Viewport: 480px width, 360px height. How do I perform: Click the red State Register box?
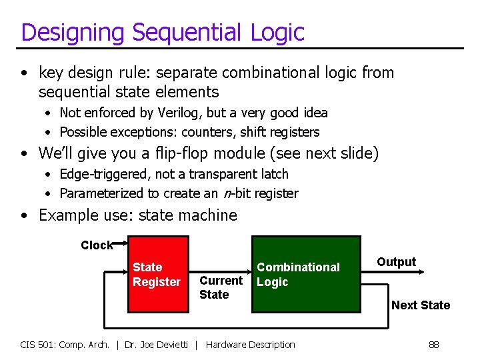click(157, 274)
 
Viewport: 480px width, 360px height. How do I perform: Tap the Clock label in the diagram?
click(97, 245)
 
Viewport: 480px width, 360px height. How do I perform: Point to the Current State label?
click(220, 287)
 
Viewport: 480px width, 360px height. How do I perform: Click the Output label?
click(396, 262)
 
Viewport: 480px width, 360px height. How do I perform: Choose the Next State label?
click(420, 305)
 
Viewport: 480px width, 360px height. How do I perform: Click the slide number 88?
click(433, 345)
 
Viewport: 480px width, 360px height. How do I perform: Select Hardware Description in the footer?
click(250, 345)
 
